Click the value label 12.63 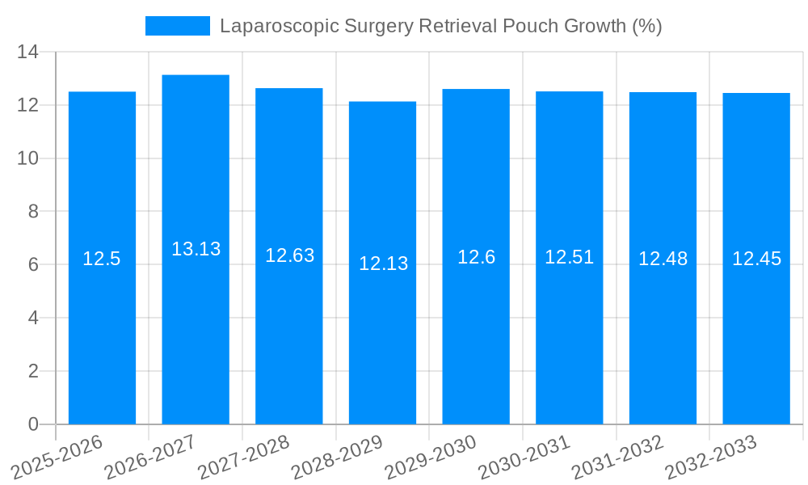click(x=289, y=255)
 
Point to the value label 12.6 click(x=476, y=257)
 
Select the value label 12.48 click(x=663, y=259)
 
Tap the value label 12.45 click(x=756, y=259)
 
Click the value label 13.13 click(x=196, y=249)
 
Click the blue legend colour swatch click(x=177, y=26)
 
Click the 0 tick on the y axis click(x=33, y=424)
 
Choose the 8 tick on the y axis click(x=33, y=212)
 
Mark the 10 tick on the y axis click(x=28, y=158)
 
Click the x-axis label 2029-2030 click(x=431, y=457)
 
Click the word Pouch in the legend click(x=532, y=26)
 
